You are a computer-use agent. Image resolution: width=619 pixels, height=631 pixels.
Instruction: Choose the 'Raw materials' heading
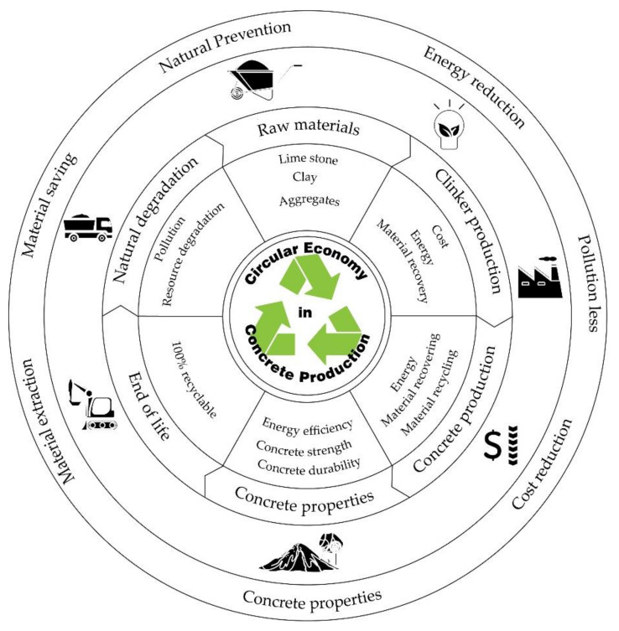(307, 129)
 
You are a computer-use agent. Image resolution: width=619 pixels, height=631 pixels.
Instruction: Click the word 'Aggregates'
(309, 202)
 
